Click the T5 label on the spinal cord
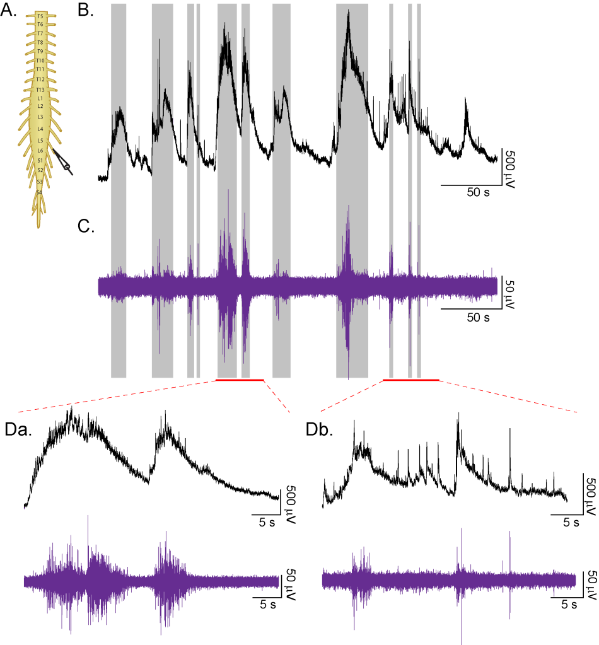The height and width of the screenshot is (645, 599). click(40, 15)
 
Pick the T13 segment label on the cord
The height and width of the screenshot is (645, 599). click(40, 90)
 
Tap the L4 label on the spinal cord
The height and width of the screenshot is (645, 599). click(40, 128)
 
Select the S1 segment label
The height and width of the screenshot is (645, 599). click(40, 161)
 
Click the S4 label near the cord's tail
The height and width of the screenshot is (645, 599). click(39, 192)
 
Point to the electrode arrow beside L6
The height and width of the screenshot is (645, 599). click(63, 162)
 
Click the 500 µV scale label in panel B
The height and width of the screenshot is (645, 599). click(511, 167)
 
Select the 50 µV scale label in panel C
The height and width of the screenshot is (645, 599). click(511, 292)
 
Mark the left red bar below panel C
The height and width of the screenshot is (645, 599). click(239, 380)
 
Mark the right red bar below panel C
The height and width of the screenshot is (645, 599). click(411, 380)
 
